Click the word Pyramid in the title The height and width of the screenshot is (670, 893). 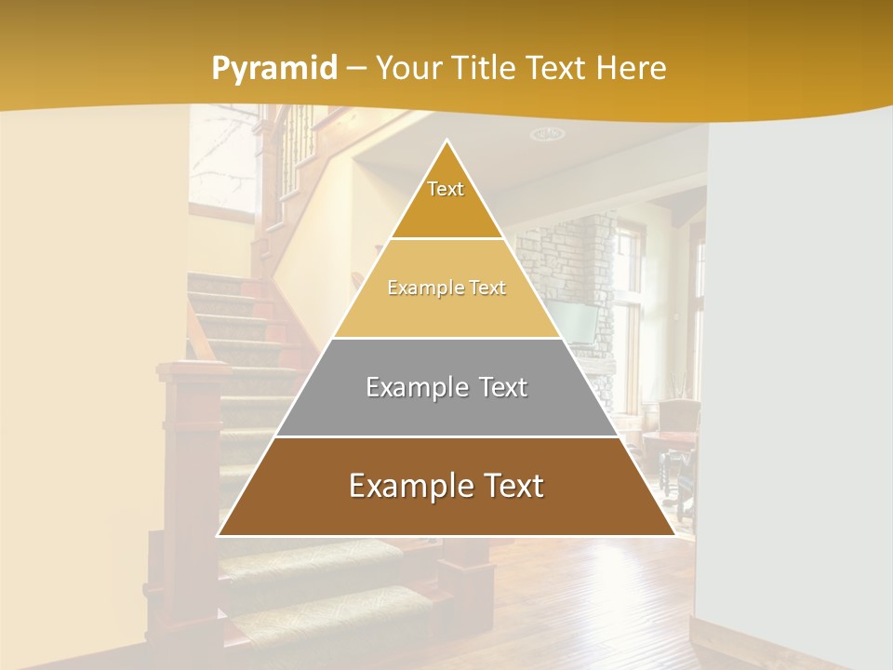(274, 69)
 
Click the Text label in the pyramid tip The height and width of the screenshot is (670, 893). (446, 189)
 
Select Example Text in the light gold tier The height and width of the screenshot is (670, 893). (446, 288)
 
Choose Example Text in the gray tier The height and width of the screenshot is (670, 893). (446, 387)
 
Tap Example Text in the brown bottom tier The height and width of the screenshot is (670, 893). (446, 486)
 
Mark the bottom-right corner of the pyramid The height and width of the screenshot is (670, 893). (674, 536)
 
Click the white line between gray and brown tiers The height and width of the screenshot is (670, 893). (446, 436)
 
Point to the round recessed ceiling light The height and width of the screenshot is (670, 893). (547, 134)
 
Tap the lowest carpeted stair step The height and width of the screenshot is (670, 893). (326, 614)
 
